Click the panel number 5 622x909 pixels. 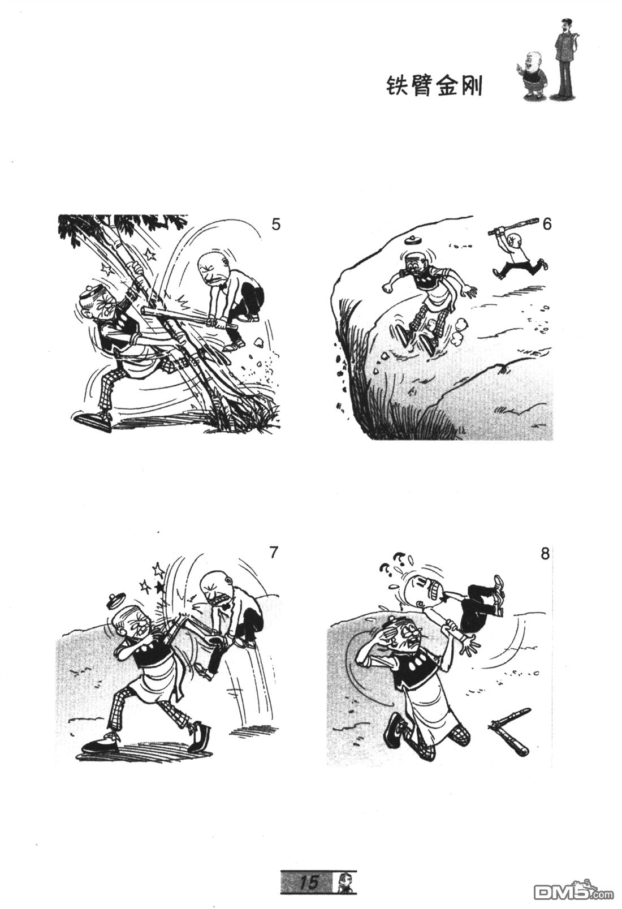(276, 225)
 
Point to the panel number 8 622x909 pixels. (545, 554)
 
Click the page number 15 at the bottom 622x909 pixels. (308, 880)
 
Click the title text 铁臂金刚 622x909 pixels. (434, 87)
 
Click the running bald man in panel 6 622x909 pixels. (519, 256)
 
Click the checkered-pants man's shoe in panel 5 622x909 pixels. (93, 420)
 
